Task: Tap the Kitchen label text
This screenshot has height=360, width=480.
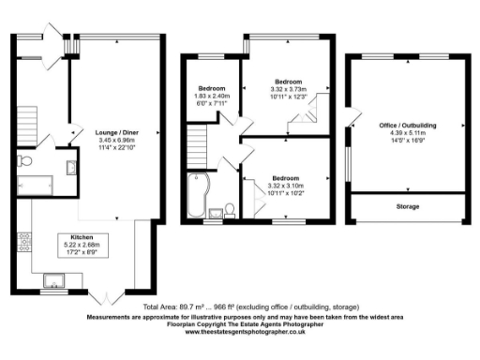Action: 78,236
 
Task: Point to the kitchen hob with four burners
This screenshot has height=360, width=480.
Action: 20,243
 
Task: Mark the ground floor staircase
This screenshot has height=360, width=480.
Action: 26,120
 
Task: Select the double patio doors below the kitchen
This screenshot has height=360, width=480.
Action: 106,297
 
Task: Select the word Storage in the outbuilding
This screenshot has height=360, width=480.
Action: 406,206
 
